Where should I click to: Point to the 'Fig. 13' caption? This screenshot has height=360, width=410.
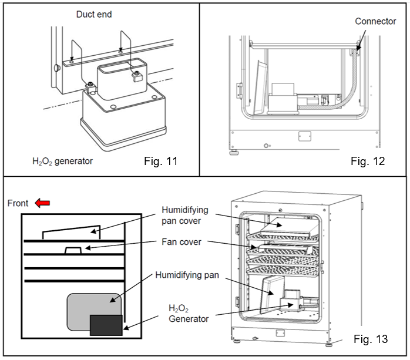click(x=371, y=339)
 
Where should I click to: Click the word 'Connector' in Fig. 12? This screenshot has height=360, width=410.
click(x=376, y=22)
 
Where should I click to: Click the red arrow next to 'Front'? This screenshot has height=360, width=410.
click(x=42, y=203)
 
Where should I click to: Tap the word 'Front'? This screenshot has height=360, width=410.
click(x=18, y=203)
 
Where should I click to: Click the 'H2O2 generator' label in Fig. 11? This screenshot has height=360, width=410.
click(x=63, y=160)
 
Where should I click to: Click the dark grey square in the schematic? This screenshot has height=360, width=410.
click(x=106, y=325)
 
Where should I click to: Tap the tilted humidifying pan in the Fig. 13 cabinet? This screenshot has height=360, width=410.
click(x=268, y=294)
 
